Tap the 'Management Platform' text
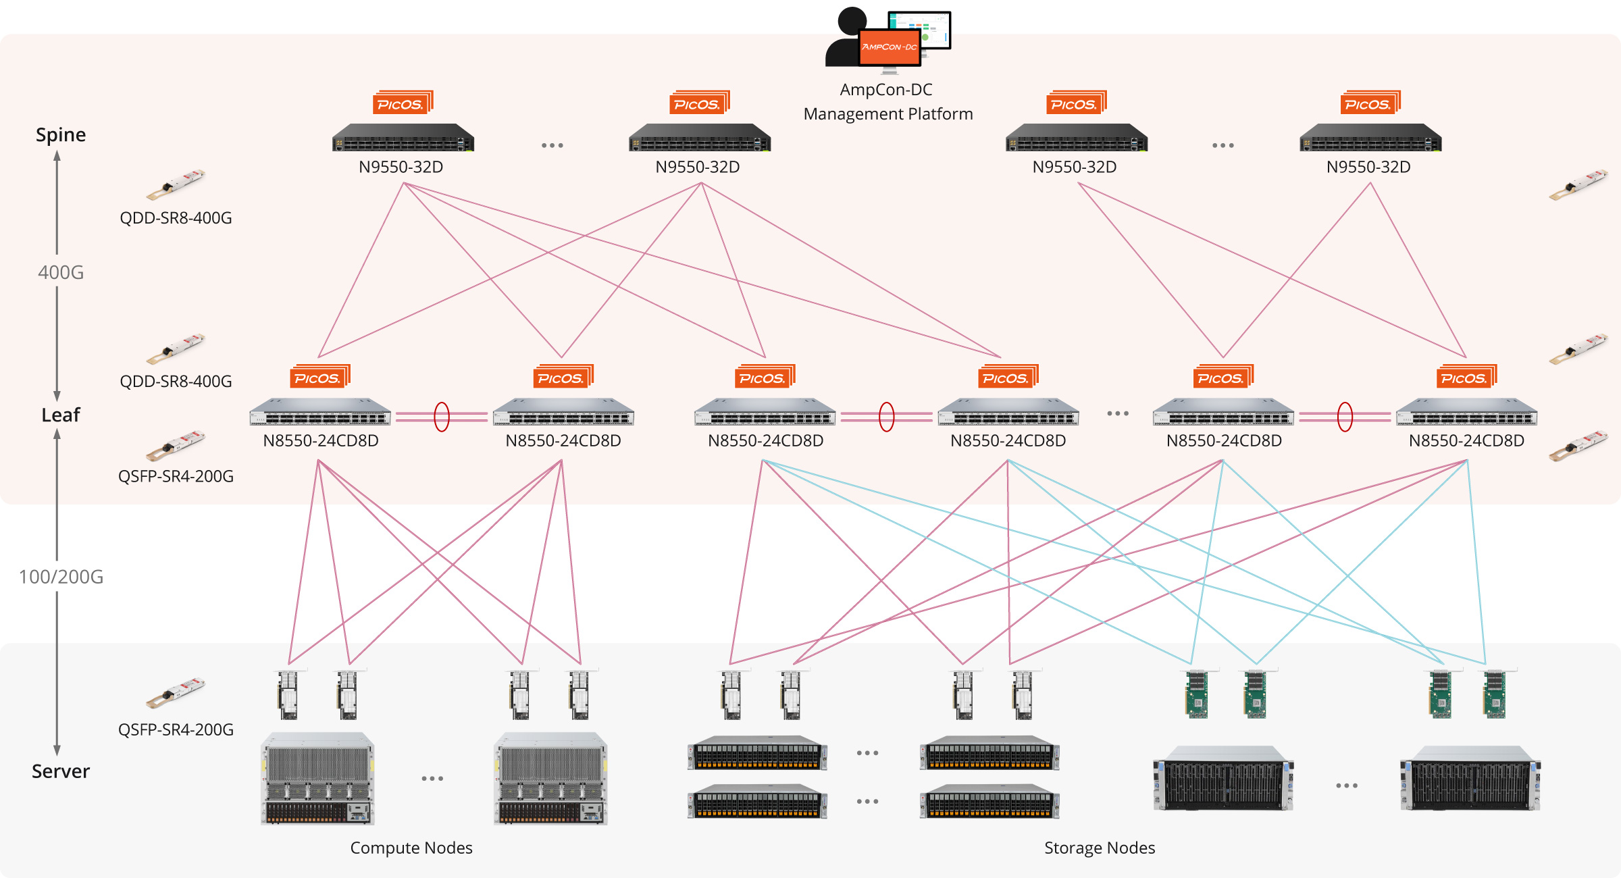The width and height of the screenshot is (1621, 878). [887, 114]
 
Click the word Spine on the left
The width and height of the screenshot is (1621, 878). [61, 135]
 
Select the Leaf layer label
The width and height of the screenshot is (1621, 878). [61, 415]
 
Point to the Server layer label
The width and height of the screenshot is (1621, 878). [61, 771]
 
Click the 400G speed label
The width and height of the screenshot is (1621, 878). [61, 272]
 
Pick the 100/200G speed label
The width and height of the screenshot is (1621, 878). [61, 577]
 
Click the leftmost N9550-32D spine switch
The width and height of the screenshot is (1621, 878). [403, 138]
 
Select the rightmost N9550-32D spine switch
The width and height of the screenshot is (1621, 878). [1370, 138]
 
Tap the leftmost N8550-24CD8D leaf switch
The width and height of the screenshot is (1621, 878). [320, 412]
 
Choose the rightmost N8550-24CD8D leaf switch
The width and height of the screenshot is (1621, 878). [1466, 412]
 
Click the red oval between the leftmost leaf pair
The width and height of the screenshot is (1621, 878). [442, 417]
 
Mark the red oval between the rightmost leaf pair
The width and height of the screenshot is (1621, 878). [1345, 417]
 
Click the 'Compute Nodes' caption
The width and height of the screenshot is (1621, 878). [411, 848]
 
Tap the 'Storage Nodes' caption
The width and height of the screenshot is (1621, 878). [1100, 848]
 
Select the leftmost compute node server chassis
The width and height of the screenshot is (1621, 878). [317, 778]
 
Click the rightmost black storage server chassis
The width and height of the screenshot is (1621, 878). [1470, 778]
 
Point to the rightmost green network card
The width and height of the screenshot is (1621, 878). [1494, 694]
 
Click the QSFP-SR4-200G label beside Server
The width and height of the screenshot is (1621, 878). [176, 729]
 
